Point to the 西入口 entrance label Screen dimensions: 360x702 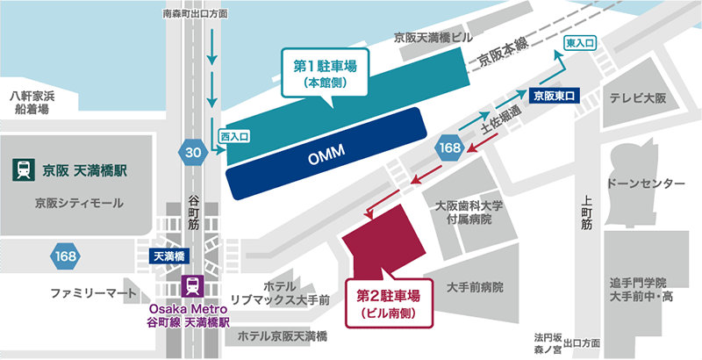pyautogui.click(x=234, y=137)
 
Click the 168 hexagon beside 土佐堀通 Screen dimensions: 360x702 pyautogui.click(x=449, y=150)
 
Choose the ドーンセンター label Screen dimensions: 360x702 pyautogui.click(x=645, y=183)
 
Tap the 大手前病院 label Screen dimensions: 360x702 pyautogui.click(x=475, y=286)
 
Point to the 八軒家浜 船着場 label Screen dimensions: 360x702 pyautogui.click(x=32, y=102)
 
